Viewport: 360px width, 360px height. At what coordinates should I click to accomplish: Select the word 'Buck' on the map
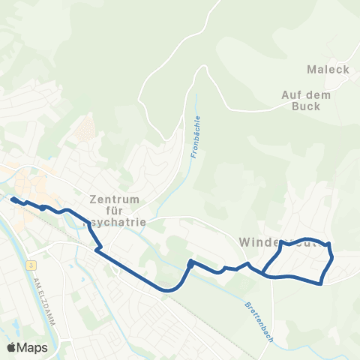pos(307,106)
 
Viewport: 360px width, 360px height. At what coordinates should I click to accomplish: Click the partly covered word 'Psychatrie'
pos(118,223)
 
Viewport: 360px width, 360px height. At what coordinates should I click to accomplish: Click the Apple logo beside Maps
pos(12,347)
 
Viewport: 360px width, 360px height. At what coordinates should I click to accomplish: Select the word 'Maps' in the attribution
pos(33,347)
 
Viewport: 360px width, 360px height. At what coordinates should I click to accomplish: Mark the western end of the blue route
pos(13,199)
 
